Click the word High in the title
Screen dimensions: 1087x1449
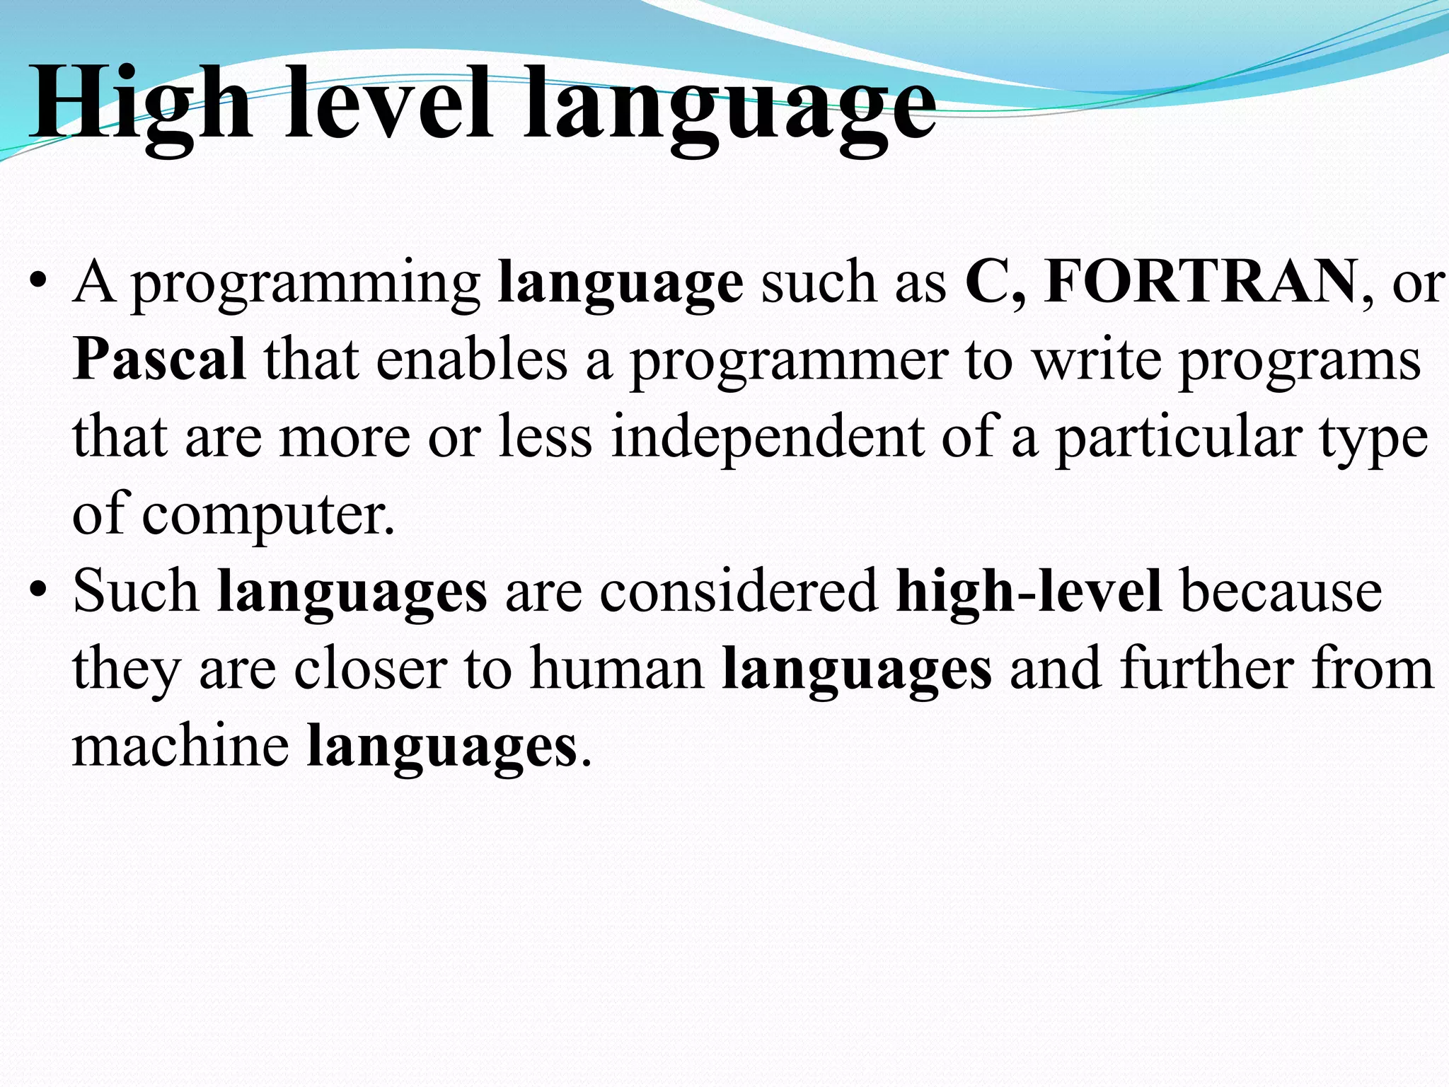coord(140,105)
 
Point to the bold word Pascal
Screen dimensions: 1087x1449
coord(159,360)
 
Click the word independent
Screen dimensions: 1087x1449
coord(767,437)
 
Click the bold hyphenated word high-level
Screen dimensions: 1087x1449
coord(1029,592)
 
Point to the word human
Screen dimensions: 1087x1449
coord(618,668)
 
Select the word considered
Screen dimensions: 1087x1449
coord(739,592)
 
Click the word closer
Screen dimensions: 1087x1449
coord(371,669)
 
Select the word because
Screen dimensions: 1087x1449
coord(1281,592)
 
